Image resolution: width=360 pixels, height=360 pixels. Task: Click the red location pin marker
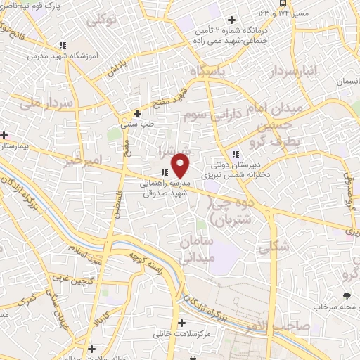coord(181,167)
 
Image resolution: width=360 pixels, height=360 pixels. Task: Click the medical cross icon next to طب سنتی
coord(138,113)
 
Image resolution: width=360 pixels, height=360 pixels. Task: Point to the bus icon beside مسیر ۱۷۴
coord(282,4)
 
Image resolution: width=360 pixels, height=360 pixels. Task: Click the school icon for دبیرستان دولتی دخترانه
coord(236,154)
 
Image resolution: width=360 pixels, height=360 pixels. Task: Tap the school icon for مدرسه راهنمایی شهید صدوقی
coord(163,172)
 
